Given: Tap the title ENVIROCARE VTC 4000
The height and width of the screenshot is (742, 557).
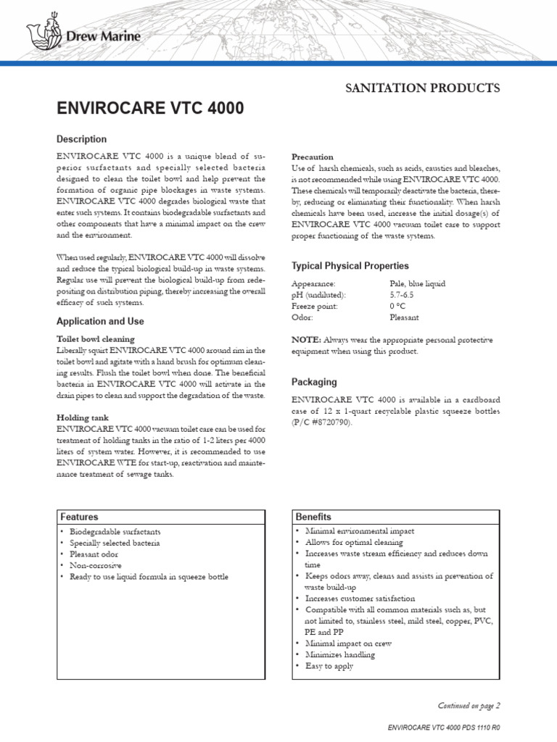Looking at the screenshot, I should tap(150, 109).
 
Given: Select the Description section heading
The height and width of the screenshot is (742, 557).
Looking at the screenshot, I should tap(81, 139).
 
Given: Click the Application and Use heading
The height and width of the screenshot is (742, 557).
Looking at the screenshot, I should tap(100, 321).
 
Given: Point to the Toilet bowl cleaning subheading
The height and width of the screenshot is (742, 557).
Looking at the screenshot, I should tap(95, 338).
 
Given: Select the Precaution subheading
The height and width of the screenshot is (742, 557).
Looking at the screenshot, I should tap(312, 157).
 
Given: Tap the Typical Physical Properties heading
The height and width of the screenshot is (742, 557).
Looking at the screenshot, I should tap(350, 266).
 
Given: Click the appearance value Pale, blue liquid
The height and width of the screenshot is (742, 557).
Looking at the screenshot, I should tap(418, 284).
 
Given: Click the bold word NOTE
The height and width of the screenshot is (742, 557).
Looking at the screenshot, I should tap(305, 339).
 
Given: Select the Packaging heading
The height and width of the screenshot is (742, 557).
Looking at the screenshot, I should tap(314, 382).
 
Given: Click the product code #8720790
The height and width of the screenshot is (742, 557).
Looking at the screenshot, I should tap(328, 422).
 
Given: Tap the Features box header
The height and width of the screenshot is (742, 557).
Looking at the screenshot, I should tap(79, 517).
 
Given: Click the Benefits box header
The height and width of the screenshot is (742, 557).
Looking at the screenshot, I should tap(313, 517).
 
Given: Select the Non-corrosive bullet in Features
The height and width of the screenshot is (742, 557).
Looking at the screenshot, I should tap(96, 565).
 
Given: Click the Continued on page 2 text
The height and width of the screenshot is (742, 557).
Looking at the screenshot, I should tap(469, 704).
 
